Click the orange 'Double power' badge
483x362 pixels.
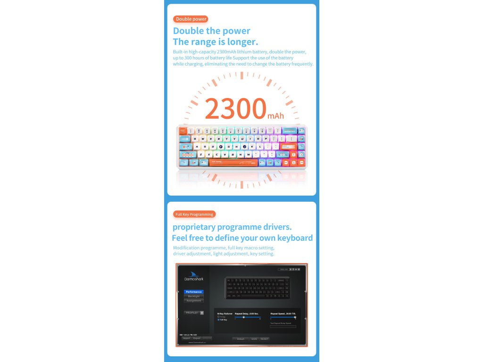tap(191, 19)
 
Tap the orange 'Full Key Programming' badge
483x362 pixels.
tap(194, 214)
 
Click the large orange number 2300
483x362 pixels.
tap(235, 108)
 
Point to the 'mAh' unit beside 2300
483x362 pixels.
tap(275, 115)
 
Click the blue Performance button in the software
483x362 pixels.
tap(193, 292)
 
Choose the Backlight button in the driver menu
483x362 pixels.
tap(193, 296)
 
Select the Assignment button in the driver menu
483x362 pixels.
tap(193, 301)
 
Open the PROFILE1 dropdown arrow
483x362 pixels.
tap(202, 313)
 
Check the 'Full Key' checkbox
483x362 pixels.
tap(218, 320)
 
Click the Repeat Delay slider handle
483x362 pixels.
tap(243, 317)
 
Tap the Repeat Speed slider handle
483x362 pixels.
tap(295, 317)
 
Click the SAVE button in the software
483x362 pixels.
tap(254, 339)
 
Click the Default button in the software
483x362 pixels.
tap(241, 339)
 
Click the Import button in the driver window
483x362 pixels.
tap(186, 338)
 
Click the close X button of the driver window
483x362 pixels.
tap(299, 269)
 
